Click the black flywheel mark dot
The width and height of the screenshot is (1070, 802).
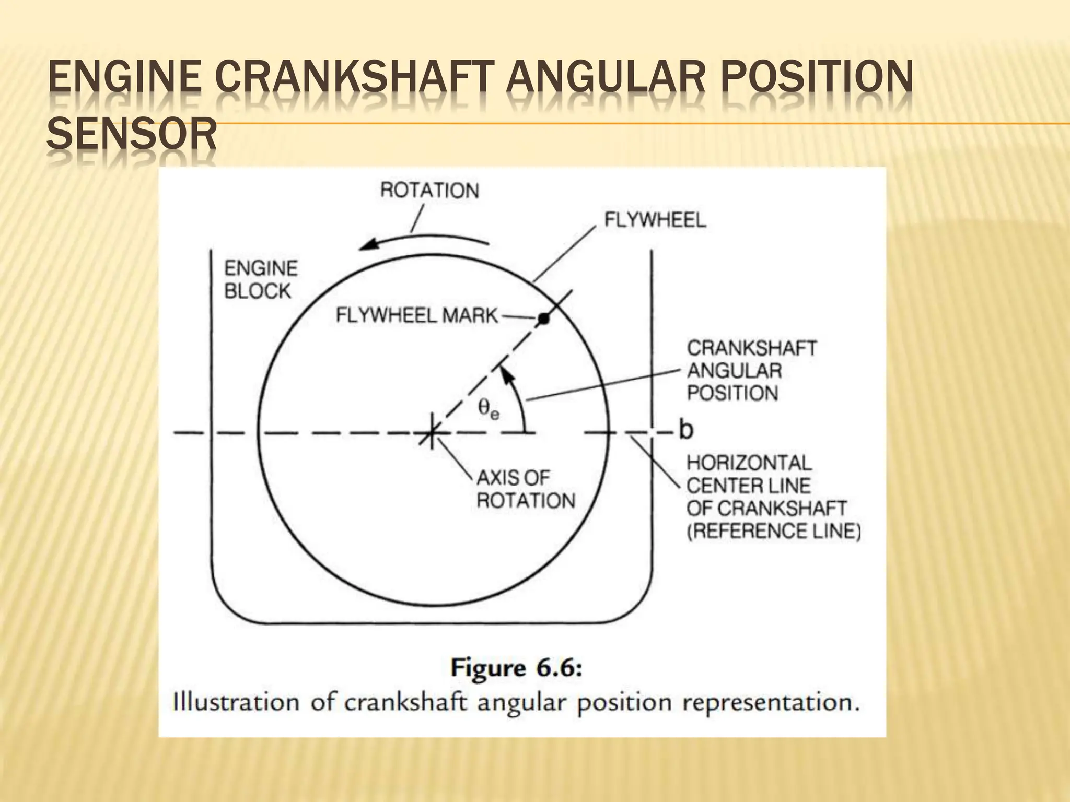point(544,319)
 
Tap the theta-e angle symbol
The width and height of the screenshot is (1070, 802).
point(489,409)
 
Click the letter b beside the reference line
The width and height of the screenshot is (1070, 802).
point(686,430)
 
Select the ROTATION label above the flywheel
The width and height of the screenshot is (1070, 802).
point(429,191)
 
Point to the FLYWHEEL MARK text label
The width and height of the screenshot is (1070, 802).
point(416,315)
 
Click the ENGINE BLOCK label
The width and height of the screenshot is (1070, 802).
point(260,280)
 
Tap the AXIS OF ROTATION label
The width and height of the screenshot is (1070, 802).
point(525,489)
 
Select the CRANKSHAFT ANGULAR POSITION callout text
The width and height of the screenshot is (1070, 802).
point(751,371)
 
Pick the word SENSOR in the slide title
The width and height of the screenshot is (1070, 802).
point(131,134)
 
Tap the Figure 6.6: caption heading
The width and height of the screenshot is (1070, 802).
point(516,669)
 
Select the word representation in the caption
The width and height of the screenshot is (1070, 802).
point(771,703)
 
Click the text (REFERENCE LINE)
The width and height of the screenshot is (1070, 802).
point(773,532)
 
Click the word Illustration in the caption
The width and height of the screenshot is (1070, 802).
point(236,702)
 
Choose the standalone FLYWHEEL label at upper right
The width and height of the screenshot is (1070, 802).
point(655,220)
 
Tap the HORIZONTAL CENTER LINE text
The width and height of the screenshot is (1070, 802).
point(749,474)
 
